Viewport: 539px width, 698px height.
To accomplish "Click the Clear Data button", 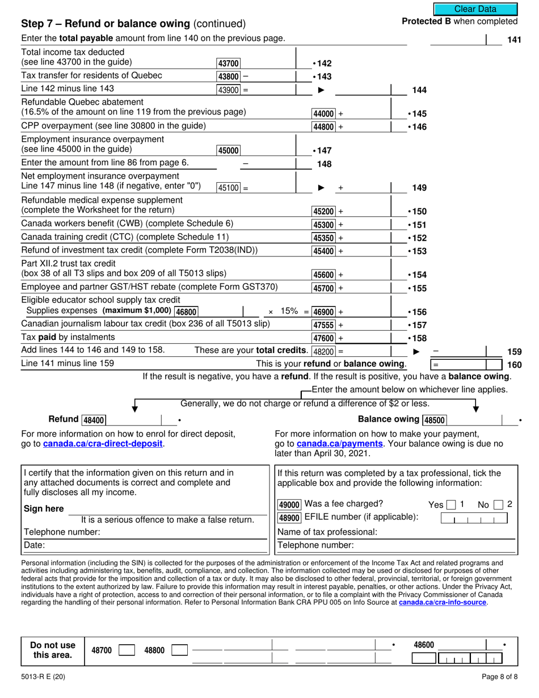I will pyautogui.click(x=475, y=9).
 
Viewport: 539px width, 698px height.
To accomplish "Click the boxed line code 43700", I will pyautogui.click(x=229, y=64).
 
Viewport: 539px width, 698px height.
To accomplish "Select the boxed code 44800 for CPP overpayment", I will pyautogui.click(x=324, y=127).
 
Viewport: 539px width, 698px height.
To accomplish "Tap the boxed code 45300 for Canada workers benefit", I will pyautogui.click(x=324, y=225).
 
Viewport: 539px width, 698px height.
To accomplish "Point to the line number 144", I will pyautogui.click(x=419, y=90).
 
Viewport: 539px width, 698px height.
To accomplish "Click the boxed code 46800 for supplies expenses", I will pyautogui.click(x=186, y=311).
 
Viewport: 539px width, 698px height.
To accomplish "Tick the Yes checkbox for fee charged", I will pyautogui.click(x=450, y=504).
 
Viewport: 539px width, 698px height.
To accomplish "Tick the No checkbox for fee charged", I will pyautogui.click(x=499, y=504).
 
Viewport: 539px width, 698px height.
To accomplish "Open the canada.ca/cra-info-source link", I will pyautogui.click(x=443, y=602).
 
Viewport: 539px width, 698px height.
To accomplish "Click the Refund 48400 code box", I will pyautogui.click(x=94, y=420).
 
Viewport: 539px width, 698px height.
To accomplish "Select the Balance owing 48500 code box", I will pyautogui.click(x=435, y=420).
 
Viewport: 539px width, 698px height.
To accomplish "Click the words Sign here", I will pyautogui.click(x=44, y=508).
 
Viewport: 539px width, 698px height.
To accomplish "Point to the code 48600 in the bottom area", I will pyautogui.click(x=424, y=645).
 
